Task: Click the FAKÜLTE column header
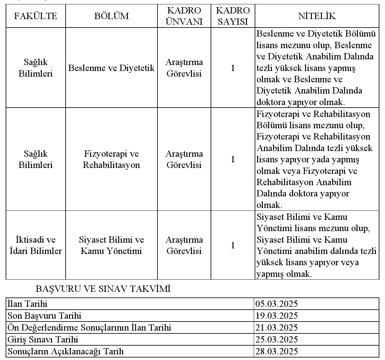[36, 16]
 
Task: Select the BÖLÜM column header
[112, 16]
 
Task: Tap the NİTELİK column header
[317, 16]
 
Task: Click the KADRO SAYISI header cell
[233, 16]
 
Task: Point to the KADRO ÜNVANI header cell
[184, 16]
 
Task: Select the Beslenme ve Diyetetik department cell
[112, 68]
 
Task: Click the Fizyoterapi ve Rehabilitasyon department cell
[112, 160]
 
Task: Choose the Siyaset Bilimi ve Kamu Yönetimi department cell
[112, 245]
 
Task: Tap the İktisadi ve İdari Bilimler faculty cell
[36, 245]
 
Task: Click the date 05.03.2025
[277, 304]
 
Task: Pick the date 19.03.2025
[277, 316]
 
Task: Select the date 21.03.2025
[277, 327]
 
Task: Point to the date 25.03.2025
[277, 339]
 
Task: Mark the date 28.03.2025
[277, 351]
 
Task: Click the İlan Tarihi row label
[27, 304]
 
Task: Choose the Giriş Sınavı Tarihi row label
[43, 339]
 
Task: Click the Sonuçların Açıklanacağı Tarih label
[66, 351]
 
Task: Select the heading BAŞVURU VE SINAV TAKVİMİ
[103, 289]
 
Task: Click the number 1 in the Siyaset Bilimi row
[233, 245]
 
